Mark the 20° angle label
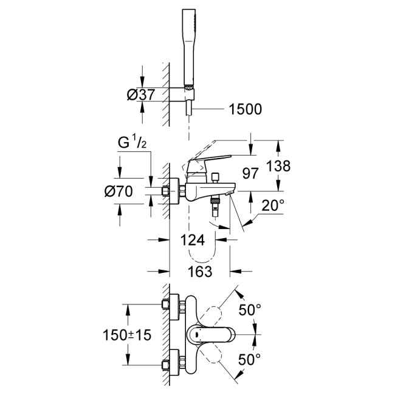pos(273,206)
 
